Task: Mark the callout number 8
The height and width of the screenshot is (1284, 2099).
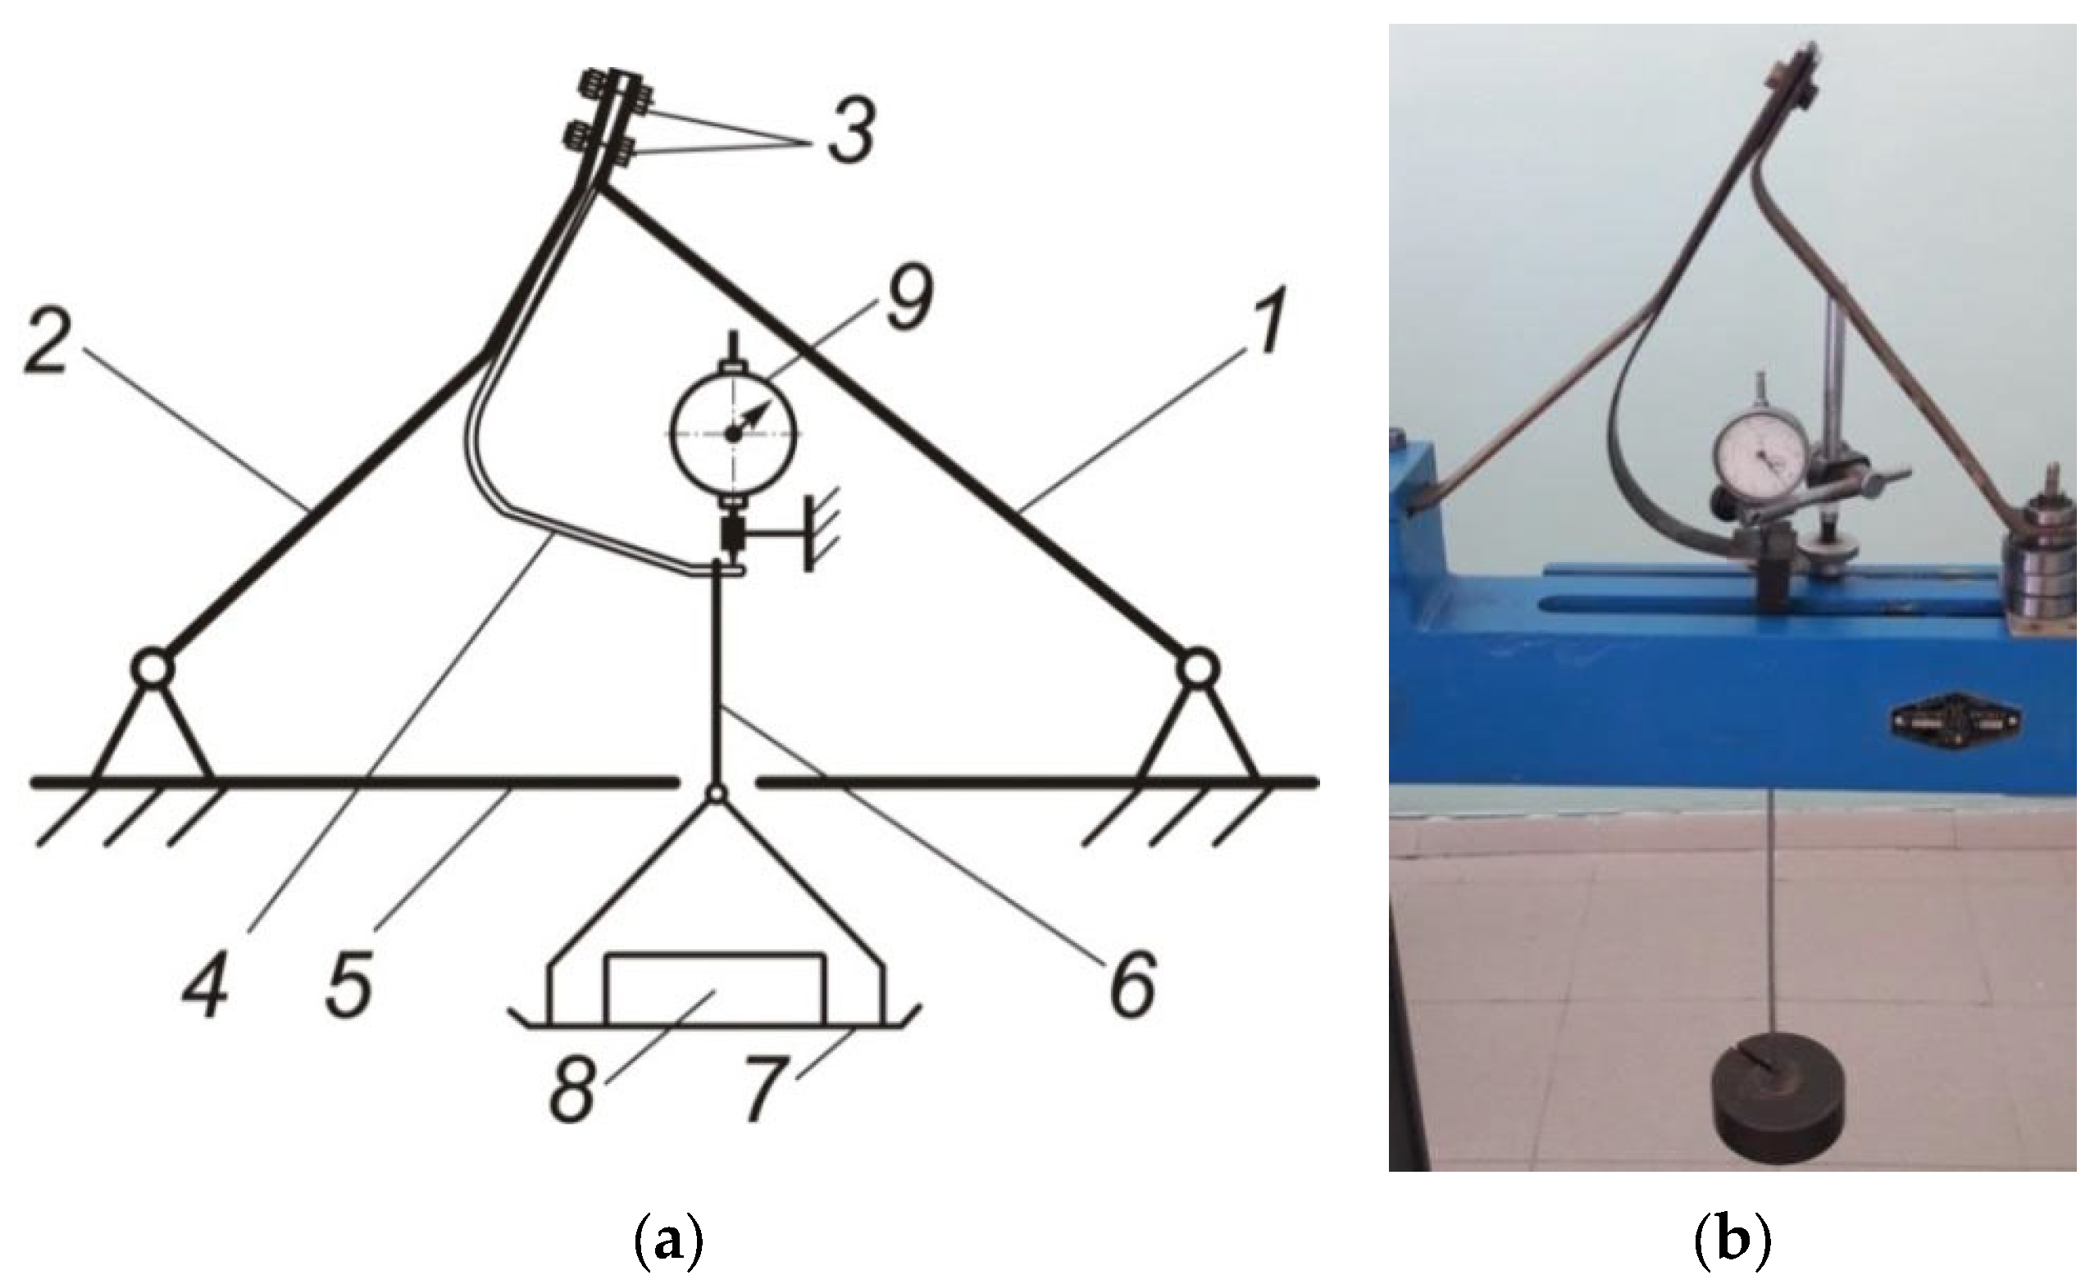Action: pos(576,1089)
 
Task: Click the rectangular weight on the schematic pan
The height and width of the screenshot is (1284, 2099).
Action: pos(715,987)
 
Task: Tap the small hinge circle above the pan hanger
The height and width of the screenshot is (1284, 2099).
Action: pos(715,792)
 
